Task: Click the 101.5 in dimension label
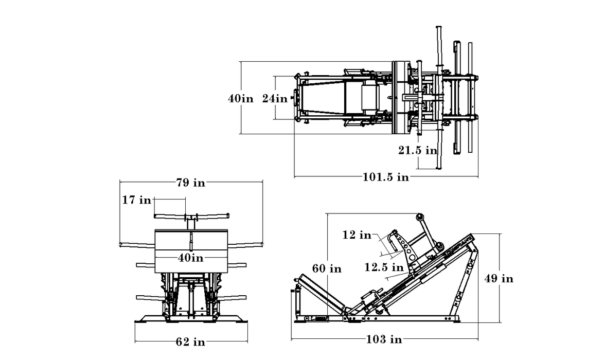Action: pos(386,177)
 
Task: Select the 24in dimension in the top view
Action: pos(275,98)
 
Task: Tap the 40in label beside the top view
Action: pos(241,98)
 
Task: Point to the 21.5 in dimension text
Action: pos(417,150)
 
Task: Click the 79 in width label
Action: pos(191,183)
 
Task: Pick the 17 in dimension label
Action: pos(137,200)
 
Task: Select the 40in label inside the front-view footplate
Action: pos(191,257)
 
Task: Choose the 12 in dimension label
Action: pos(357,235)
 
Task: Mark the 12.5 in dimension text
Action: pos(384,267)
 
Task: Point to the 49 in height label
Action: pos(500,279)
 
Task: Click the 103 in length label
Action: pos(384,339)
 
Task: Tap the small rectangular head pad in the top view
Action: pos(370,98)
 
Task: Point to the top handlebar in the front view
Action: pos(191,215)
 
